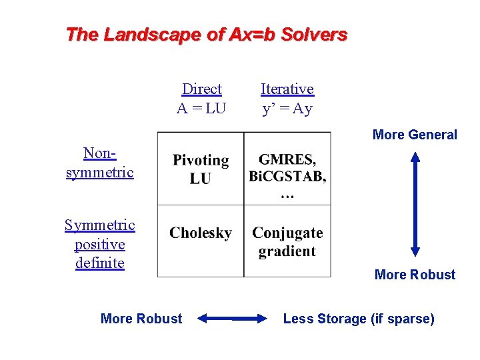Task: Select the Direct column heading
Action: (x=201, y=89)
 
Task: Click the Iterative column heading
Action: (x=287, y=89)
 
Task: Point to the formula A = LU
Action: (x=201, y=108)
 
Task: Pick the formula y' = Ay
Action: (x=287, y=108)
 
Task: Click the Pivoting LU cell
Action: (x=200, y=169)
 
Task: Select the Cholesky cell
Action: (x=200, y=233)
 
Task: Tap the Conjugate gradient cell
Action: (x=287, y=241)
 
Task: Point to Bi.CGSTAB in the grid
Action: (x=287, y=177)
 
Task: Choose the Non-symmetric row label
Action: (x=100, y=162)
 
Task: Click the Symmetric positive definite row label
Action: (x=100, y=244)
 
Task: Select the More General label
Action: (x=415, y=135)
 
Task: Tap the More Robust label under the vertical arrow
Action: (x=415, y=275)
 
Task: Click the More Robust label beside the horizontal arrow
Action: (x=141, y=319)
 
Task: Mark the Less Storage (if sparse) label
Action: (x=359, y=319)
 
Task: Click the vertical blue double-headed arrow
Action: (x=415, y=205)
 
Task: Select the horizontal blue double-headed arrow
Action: (x=232, y=319)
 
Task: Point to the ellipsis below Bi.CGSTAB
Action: (x=287, y=195)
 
